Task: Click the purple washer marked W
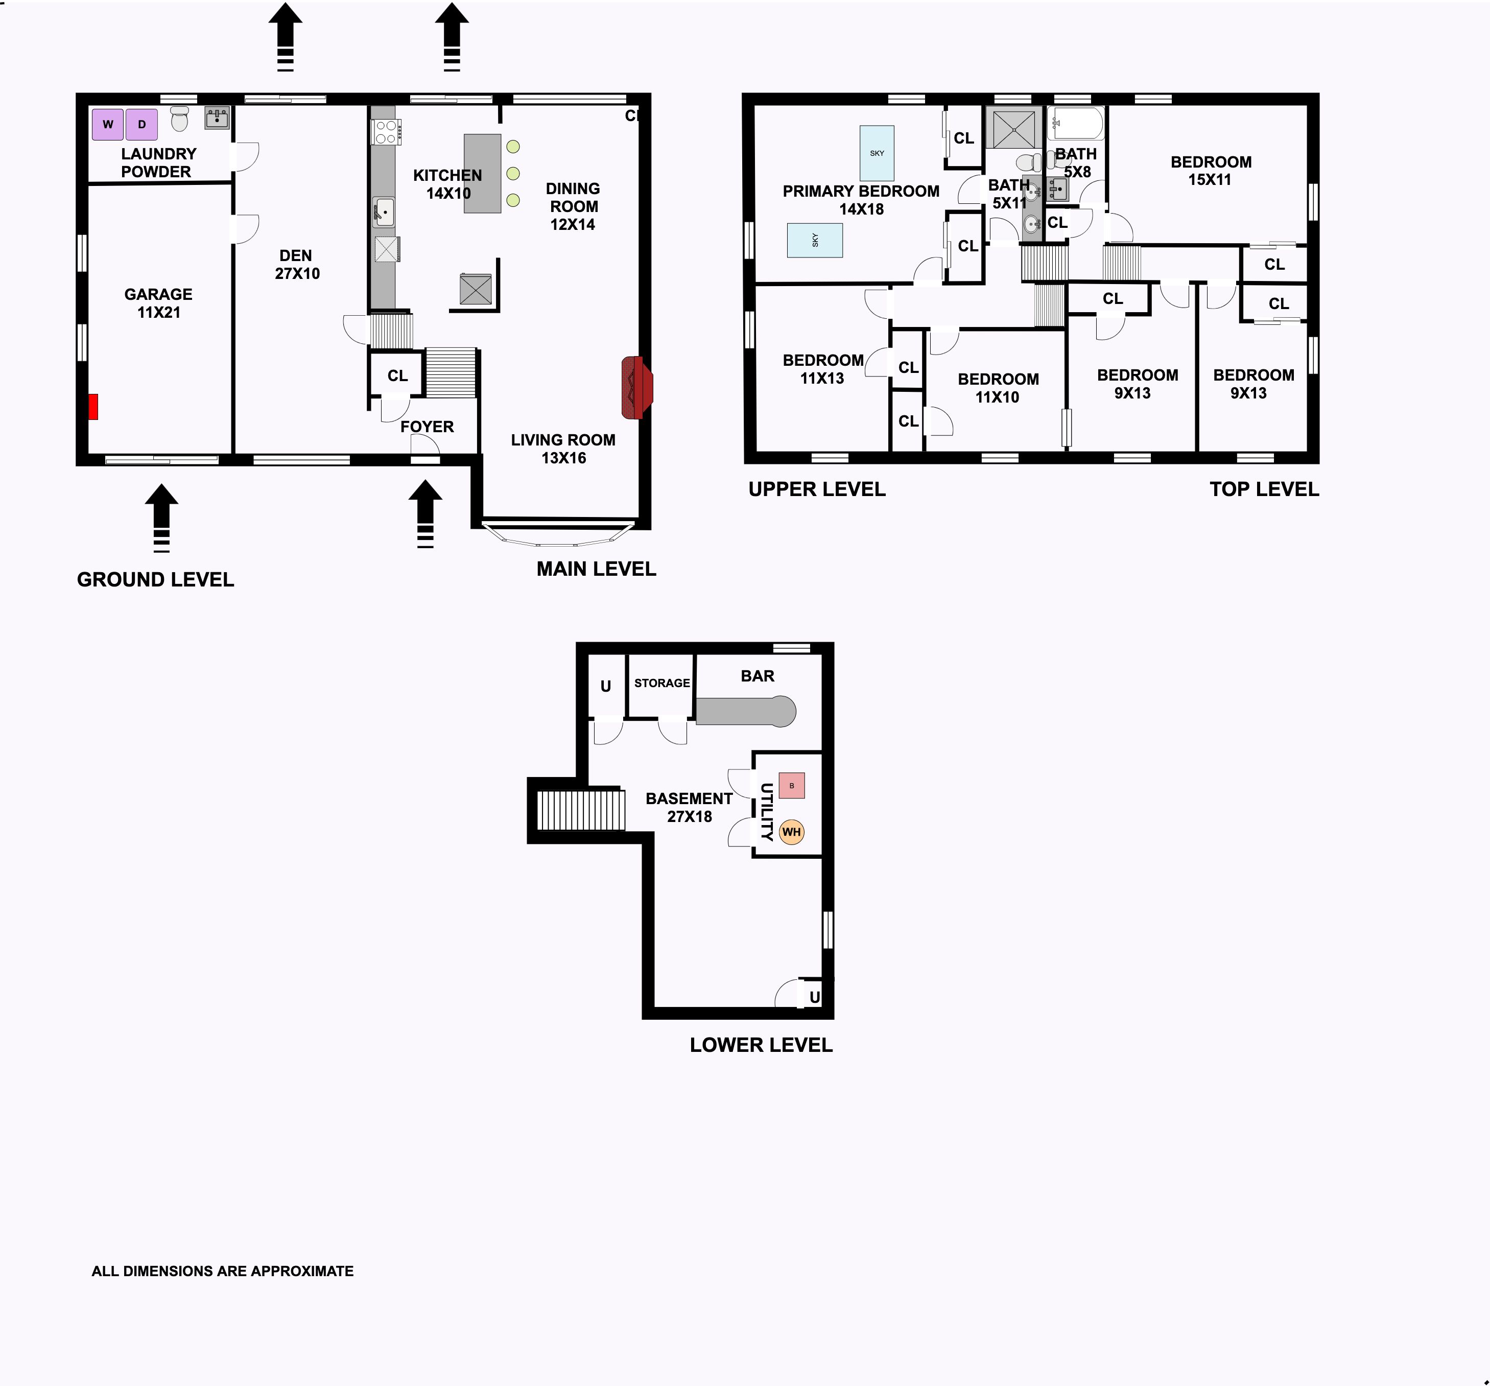tap(107, 125)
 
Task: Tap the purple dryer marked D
tap(141, 125)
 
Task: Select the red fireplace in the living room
tap(637, 388)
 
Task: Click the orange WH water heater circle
tap(791, 832)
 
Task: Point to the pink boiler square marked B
tap(791, 786)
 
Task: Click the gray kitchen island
tap(483, 173)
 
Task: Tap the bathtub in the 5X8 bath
tap(1076, 124)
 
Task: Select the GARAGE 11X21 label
tap(158, 303)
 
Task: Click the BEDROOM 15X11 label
tap(1211, 171)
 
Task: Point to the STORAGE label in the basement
tap(662, 683)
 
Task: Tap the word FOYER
tap(427, 427)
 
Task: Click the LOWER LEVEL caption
tap(762, 1045)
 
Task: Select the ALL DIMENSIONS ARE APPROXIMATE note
tap(223, 1272)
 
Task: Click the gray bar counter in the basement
tap(746, 711)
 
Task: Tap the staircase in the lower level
tap(581, 810)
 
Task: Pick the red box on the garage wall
tap(93, 406)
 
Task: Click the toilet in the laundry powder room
tap(179, 119)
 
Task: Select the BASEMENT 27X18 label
tap(690, 807)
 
